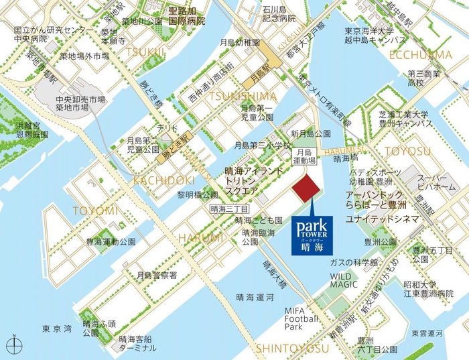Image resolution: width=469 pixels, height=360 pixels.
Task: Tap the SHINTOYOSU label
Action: point(292,349)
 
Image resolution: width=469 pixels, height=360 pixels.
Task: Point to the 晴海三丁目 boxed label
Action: point(228,208)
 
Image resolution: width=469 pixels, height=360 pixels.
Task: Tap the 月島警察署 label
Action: point(156,275)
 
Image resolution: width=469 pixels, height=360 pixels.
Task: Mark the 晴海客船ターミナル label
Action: point(138,343)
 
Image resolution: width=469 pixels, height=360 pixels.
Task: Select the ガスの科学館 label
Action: point(354,261)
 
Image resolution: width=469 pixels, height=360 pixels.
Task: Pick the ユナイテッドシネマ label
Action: point(380,219)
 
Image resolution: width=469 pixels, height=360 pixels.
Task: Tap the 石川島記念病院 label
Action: point(279,14)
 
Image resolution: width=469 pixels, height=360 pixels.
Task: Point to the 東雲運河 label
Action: point(432,333)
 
